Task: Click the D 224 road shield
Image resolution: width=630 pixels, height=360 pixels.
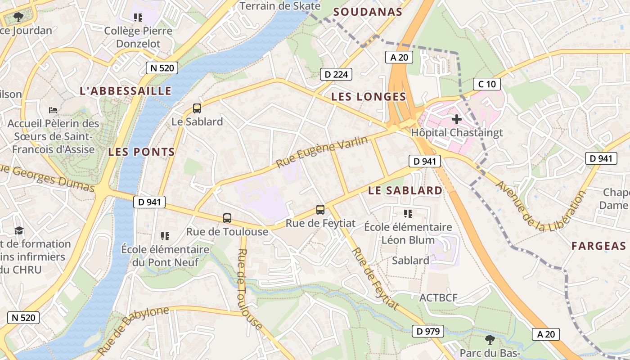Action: click(x=336, y=74)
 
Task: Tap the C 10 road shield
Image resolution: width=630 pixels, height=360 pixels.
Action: click(x=487, y=84)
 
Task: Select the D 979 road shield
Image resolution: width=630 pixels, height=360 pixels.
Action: click(x=428, y=332)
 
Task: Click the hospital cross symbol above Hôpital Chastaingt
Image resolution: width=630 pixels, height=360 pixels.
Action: click(x=457, y=119)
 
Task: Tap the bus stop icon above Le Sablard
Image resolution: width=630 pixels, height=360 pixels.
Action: click(x=197, y=108)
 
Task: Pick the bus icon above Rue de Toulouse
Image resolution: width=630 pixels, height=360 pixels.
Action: click(x=227, y=218)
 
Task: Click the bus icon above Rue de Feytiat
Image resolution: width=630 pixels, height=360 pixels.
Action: click(x=320, y=209)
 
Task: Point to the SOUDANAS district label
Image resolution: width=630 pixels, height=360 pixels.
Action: click(x=368, y=12)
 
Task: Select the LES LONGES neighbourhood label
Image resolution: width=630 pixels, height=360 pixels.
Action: click(x=369, y=97)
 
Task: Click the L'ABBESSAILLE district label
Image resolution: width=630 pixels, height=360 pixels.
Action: click(x=126, y=91)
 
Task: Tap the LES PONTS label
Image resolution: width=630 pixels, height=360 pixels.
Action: click(x=141, y=152)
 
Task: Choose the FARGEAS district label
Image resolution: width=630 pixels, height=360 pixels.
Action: click(x=598, y=246)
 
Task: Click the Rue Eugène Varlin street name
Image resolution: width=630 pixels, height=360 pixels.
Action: click(x=322, y=152)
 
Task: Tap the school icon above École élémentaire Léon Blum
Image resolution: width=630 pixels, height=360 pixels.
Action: click(x=408, y=213)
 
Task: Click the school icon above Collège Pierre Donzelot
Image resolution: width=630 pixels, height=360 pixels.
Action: click(x=138, y=18)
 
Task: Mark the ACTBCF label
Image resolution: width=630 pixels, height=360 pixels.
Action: click(x=438, y=298)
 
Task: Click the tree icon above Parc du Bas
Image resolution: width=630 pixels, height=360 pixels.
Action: click(x=490, y=339)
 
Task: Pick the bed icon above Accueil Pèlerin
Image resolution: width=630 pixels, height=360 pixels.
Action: click(x=53, y=110)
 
